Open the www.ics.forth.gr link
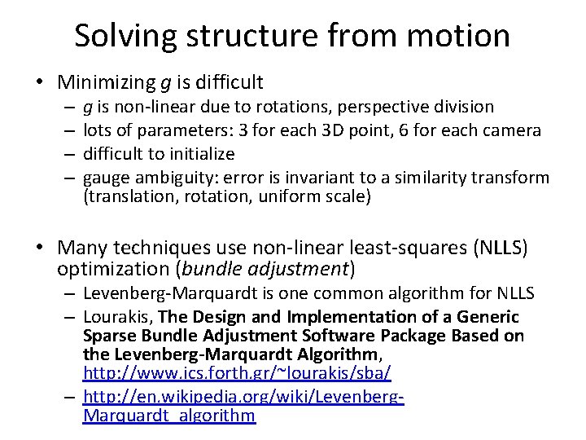237,372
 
